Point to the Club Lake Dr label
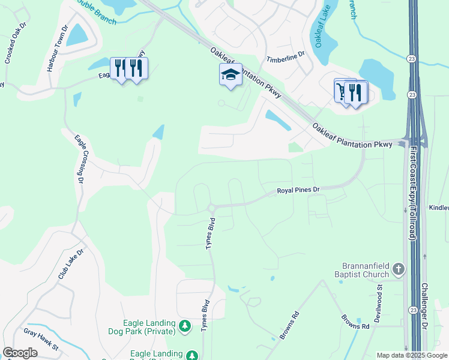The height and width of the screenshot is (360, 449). (x=70, y=263)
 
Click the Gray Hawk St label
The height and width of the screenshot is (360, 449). (x=41, y=339)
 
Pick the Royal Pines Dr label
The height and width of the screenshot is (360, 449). (x=299, y=190)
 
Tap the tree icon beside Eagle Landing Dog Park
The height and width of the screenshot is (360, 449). (x=185, y=326)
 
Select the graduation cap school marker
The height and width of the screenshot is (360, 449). (x=231, y=74)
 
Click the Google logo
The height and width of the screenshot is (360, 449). (x=20, y=353)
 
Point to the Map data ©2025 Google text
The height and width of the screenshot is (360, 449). (x=411, y=355)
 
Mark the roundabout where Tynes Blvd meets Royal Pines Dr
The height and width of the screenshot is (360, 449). (x=211, y=208)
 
